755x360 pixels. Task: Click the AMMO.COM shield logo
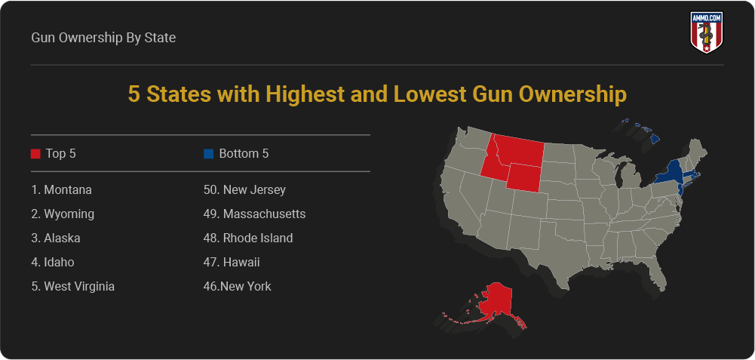[707, 32]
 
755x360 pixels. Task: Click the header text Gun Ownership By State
[103, 37]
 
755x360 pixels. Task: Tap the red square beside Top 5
[35, 154]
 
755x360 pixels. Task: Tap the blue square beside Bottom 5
[208, 154]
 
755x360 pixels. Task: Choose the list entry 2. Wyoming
[63, 214]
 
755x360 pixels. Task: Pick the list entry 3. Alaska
[56, 238]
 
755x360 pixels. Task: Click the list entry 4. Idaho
[53, 262]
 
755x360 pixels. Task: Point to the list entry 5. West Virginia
[73, 286]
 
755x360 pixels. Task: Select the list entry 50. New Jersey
[244, 189]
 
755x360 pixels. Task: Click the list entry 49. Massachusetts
[254, 214]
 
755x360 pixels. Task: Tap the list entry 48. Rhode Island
[248, 238]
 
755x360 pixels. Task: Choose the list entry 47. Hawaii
[232, 262]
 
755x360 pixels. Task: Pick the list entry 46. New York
[238, 286]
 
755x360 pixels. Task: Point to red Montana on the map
[520, 150]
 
